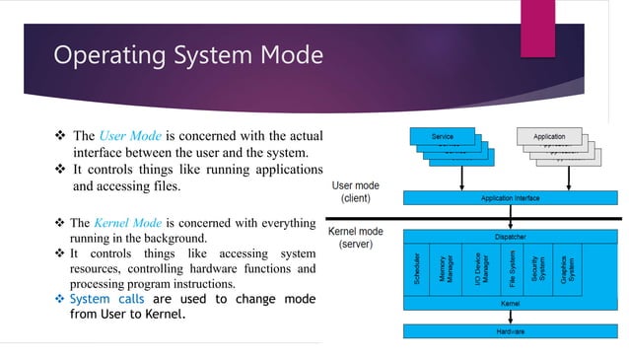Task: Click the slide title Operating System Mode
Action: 187,53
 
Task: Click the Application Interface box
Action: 510,198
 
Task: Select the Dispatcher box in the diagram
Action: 510,237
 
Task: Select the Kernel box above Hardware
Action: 510,304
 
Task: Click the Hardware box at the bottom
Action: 510,332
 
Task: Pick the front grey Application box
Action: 549,136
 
